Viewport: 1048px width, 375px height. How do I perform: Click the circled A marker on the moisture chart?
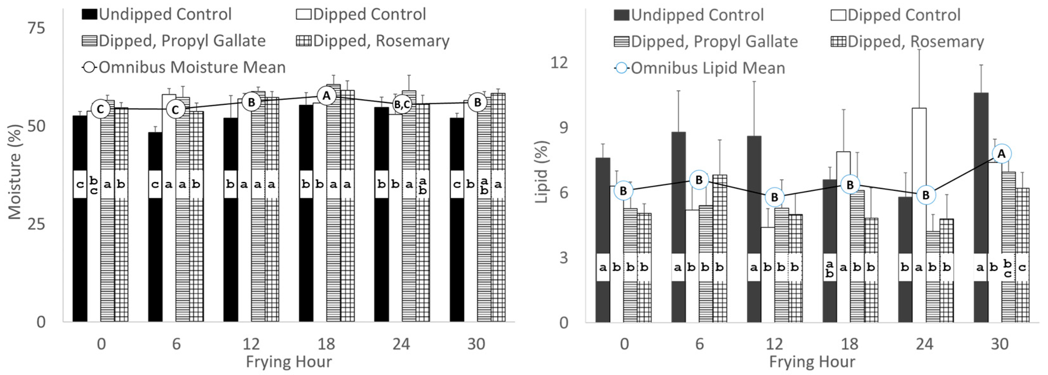326,96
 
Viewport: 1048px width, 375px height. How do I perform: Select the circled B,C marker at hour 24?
402,105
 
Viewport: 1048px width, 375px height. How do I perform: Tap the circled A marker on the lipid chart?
1001,154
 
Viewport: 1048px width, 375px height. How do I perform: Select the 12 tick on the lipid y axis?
558,62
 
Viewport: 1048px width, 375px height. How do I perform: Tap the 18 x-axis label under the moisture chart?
326,344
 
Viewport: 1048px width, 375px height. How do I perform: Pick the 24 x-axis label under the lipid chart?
925,344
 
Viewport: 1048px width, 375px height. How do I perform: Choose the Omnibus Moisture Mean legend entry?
184,67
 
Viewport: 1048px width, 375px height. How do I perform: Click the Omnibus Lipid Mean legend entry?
700,68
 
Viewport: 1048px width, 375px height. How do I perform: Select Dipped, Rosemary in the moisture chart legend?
373,41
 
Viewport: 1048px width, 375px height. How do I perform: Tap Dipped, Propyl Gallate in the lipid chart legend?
706,42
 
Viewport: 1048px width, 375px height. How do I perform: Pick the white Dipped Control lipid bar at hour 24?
919,183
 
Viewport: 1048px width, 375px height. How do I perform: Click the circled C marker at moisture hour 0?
100,109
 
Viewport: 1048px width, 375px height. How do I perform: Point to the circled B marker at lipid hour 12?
774,197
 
